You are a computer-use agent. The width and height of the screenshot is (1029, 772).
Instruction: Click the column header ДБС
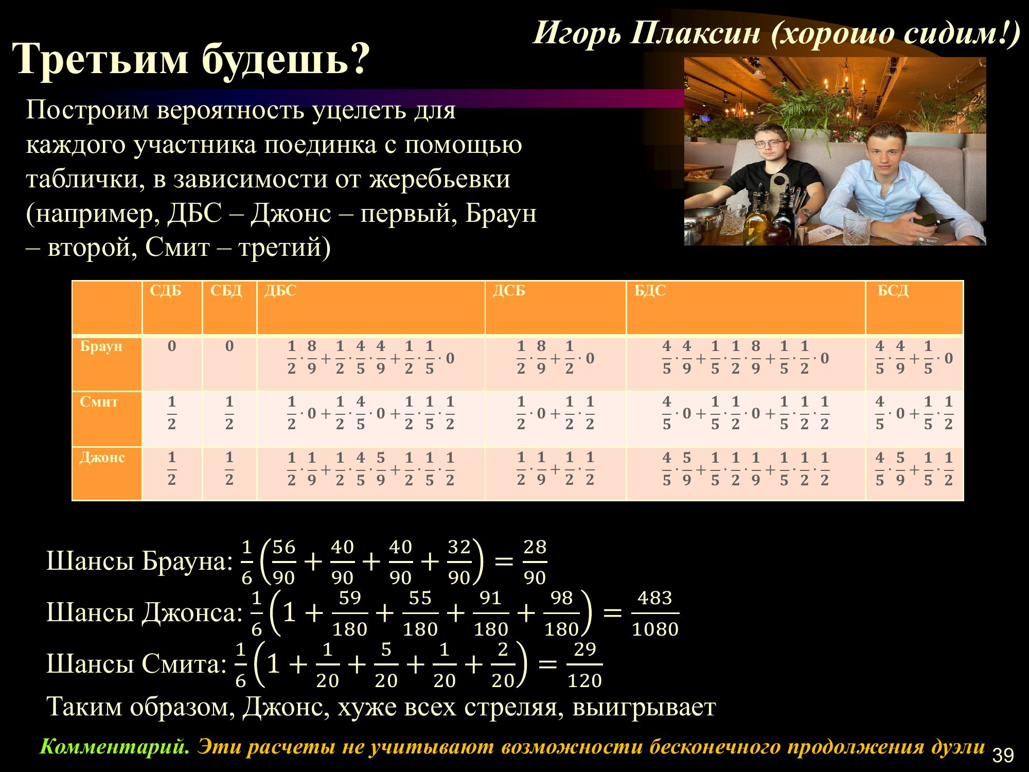[x=280, y=291]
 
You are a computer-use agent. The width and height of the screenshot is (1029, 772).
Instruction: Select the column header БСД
[x=893, y=291]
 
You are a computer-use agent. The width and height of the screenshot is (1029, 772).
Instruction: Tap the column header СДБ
[x=166, y=291]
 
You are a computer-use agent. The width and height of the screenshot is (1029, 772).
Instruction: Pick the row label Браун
[x=101, y=346]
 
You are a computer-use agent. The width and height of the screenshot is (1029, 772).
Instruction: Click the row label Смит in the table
[x=99, y=401]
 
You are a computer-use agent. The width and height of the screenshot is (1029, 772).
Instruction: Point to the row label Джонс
[x=102, y=457]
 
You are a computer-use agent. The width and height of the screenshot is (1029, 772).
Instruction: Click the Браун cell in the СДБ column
[x=172, y=346]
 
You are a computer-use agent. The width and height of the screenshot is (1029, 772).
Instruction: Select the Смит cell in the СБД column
[x=229, y=413]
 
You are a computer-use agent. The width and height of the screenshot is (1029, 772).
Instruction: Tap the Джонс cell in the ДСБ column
[x=556, y=468]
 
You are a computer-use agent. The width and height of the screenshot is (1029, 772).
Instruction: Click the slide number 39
[x=1003, y=755]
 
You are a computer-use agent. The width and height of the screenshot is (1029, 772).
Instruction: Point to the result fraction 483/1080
[x=655, y=613]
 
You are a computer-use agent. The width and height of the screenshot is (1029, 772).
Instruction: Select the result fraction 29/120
[x=584, y=664]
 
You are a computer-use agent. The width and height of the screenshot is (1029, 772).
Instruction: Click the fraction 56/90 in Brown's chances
[x=283, y=562]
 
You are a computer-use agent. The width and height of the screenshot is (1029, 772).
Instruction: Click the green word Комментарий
[x=115, y=747]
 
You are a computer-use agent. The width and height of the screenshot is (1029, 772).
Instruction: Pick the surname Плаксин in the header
[x=696, y=33]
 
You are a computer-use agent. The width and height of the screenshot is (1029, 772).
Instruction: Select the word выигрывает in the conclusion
[x=644, y=707]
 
